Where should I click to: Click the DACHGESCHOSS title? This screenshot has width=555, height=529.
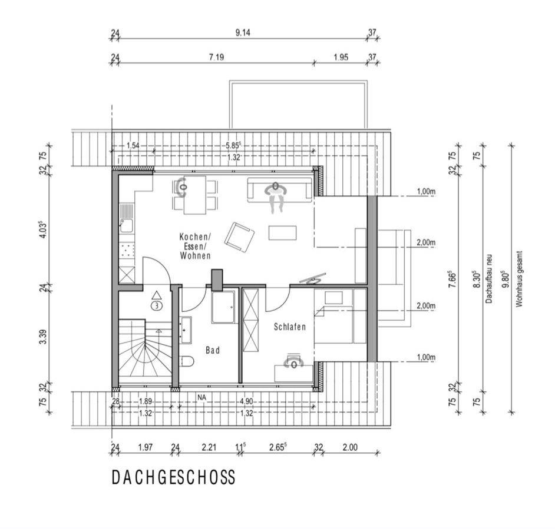(x=173, y=477)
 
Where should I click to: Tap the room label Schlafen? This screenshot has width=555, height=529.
(x=289, y=327)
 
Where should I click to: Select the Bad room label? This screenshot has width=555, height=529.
(x=213, y=350)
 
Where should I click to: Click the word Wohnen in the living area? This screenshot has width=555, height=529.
(x=196, y=255)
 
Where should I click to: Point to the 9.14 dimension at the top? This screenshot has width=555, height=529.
(x=243, y=32)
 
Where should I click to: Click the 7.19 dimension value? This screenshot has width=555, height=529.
(x=217, y=57)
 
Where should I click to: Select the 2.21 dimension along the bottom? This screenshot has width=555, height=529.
(x=209, y=447)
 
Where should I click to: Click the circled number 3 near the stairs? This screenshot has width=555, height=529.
(x=157, y=305)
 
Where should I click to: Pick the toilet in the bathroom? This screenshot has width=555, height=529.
(x=187, y=361)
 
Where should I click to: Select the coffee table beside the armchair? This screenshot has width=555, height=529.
(x=282, y=232)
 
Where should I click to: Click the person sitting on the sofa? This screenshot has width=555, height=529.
(x=276, y=197)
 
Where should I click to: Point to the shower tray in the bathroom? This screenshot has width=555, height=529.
(x=223, y=307)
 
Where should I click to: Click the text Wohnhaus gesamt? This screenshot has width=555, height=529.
(x=519, y=279)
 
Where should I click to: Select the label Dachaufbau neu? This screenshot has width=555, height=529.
(x=489, y=279)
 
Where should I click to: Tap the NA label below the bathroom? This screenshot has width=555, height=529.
(x=201, y=397)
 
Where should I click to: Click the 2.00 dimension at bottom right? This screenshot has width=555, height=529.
(x=350, y=447)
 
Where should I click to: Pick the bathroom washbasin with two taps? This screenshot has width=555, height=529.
(x=186, y=330)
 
